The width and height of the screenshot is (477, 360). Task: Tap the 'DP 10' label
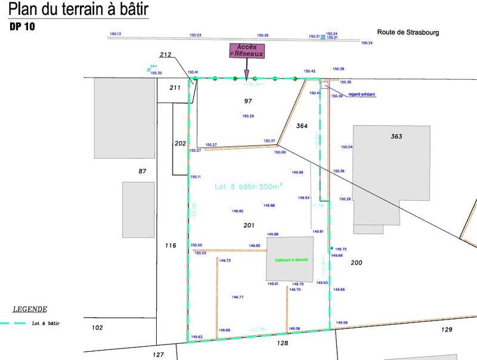click(22, 27)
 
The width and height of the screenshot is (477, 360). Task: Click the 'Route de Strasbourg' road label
click(408, 33)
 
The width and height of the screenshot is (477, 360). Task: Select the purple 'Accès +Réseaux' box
click(246, 51)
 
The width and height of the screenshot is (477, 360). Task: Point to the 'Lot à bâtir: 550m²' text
click(248, 187)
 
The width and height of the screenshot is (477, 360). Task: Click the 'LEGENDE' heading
click(30, 309)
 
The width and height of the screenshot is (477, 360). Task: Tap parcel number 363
click(397, 136)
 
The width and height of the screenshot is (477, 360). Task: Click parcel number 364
click(302, 125)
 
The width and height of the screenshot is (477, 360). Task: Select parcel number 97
click(248, 101)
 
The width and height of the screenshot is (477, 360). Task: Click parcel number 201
click(249, 225)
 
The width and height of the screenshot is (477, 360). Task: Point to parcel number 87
click(142, 171)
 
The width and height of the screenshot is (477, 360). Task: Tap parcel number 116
click(171, 245)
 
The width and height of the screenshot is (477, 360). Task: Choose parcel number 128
click(283, 343)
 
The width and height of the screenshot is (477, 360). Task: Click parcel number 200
click(357, 262)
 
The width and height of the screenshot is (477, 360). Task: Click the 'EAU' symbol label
click(153, 67)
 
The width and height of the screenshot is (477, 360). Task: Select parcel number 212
click(166, 55)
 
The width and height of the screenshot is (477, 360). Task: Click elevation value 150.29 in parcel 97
click(248, 116)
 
